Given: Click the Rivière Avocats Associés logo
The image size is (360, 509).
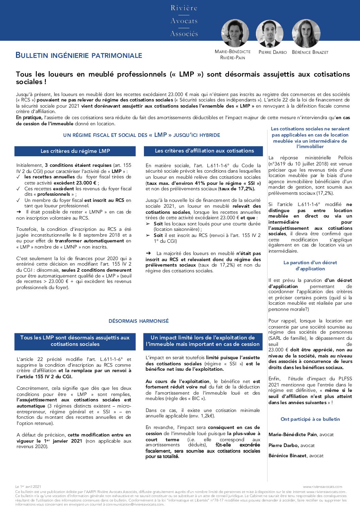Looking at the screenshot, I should [x=184, y=21].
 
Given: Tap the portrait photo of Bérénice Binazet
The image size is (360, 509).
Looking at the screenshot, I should [x=306, y=33].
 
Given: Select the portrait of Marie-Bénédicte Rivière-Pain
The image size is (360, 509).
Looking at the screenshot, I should [x=234, y=33].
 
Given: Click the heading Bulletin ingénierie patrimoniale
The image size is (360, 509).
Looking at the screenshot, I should [x=79, y=55].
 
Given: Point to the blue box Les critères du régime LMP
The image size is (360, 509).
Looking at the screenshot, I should [x=75, y=151].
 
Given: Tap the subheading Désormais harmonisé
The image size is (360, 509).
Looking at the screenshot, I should [x=138, y=321].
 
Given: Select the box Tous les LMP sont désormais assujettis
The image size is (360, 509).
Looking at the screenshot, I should [x=75, y=341].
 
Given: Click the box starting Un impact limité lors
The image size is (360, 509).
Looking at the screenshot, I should [x=203, y=341].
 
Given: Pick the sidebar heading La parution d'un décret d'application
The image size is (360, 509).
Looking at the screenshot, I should [x=310, y=266].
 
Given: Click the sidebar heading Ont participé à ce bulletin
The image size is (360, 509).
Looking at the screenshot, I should [x=310, y=419].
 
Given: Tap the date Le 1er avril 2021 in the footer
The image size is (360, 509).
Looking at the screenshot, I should [x=28, y=487].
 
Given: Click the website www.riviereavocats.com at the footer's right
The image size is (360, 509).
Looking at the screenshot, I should [x=323, y=487].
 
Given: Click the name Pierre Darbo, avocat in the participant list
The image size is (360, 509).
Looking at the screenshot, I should [x=292, y=445].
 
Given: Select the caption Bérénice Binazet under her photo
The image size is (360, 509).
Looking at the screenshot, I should [x=310, y=52].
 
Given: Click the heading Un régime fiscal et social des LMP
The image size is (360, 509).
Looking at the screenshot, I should [x=142, y=135].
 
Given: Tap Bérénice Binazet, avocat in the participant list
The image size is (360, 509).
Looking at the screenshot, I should [x=296, y=456].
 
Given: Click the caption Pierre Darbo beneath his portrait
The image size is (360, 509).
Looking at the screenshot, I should [x=273, y=52].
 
